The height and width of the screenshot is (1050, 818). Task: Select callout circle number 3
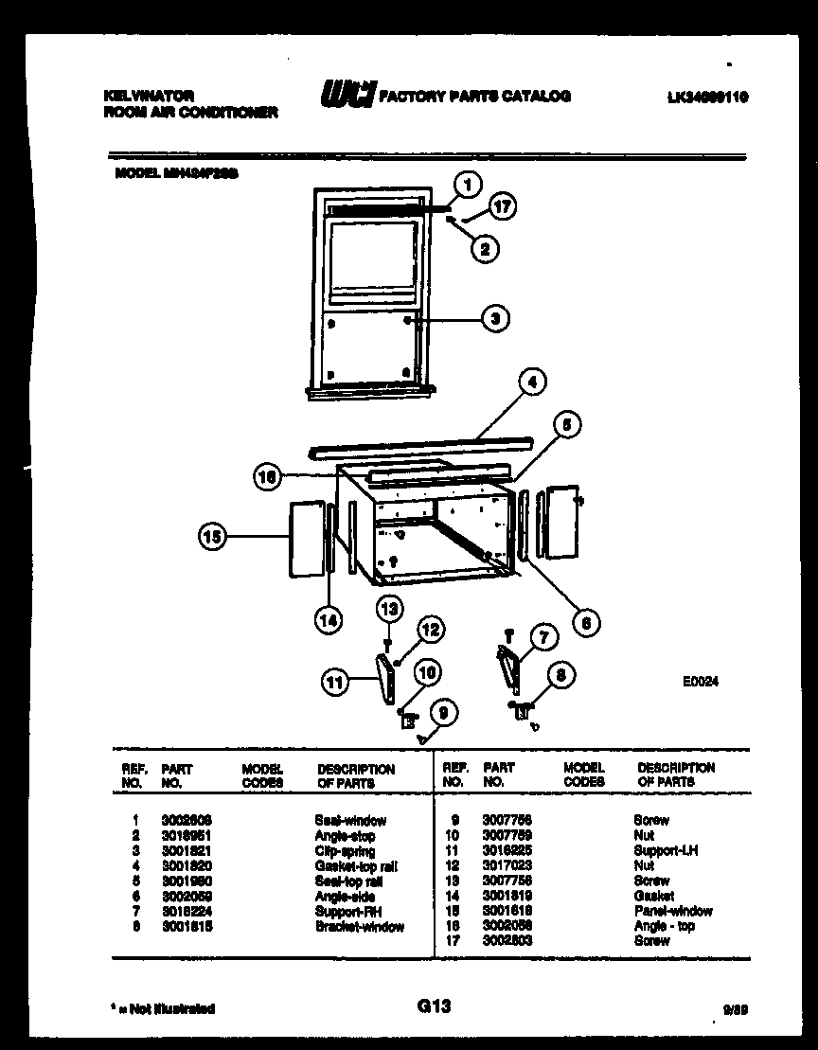pos(494,319)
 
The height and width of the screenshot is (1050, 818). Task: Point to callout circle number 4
pos(532,383)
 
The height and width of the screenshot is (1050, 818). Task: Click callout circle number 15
pos(212,538)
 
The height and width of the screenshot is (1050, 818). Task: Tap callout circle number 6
pos(586,622)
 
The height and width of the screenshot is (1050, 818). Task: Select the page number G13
pos(433,1006)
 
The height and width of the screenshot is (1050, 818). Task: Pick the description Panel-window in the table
pos(673,912)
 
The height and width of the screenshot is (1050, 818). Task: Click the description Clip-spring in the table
pos(345,851)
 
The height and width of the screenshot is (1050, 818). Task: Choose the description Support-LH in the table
pos(666,851)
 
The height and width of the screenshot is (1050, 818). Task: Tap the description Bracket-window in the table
pos(359,927)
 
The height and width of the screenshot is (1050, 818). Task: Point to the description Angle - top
pos(665,926)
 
